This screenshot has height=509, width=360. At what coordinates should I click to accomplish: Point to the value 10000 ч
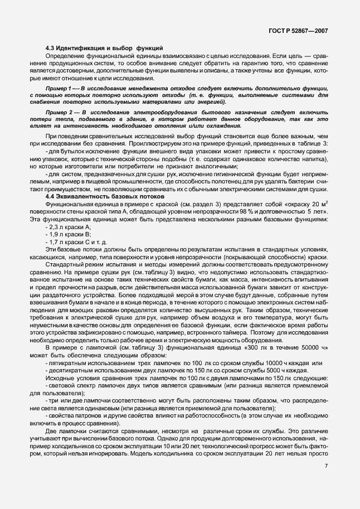click(263, 363)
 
